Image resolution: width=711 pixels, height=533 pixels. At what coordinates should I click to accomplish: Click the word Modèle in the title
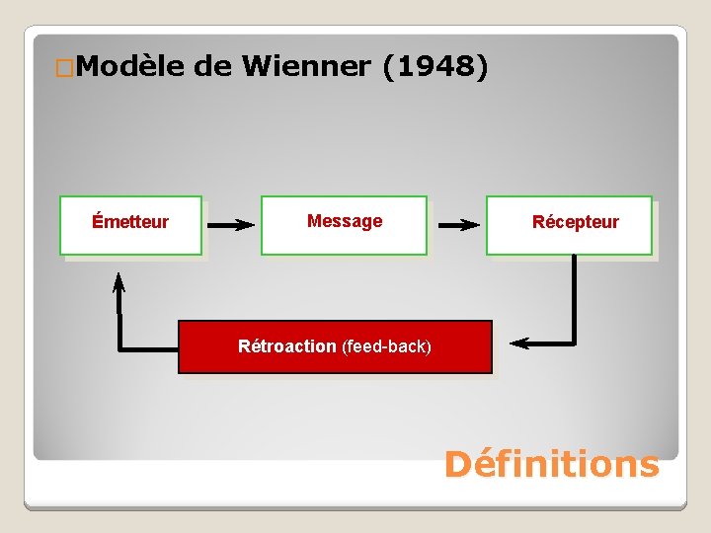(129, 67)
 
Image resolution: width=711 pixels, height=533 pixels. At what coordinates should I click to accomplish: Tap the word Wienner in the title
(305, 67)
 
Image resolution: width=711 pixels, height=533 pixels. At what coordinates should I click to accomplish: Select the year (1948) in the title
(434, 67)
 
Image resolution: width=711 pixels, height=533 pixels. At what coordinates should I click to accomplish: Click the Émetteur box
(130, 225)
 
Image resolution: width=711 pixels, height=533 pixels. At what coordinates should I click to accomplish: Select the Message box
(344, 225)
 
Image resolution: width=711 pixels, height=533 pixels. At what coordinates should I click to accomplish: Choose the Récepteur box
(569, 225)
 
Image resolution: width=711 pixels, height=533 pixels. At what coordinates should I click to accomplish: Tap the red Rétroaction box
(335, 346)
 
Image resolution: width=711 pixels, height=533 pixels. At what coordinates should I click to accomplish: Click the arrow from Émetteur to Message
(231, 225)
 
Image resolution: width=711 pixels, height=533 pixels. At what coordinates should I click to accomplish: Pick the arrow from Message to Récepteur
(457, 225)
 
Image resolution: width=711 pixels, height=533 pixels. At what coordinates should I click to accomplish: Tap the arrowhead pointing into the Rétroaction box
(520, 343)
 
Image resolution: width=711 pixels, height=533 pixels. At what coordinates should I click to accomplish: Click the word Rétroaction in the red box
(287, 346)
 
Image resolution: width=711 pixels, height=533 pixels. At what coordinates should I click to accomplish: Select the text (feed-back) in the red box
(386, 346)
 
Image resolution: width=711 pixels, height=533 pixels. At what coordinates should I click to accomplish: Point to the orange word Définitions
(551, 463)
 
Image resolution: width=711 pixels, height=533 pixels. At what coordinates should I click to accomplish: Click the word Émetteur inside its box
(130, 222)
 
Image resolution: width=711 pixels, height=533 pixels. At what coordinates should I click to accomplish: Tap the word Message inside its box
(345, 221)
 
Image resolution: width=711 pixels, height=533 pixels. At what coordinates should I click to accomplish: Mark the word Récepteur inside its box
(576, 222)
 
